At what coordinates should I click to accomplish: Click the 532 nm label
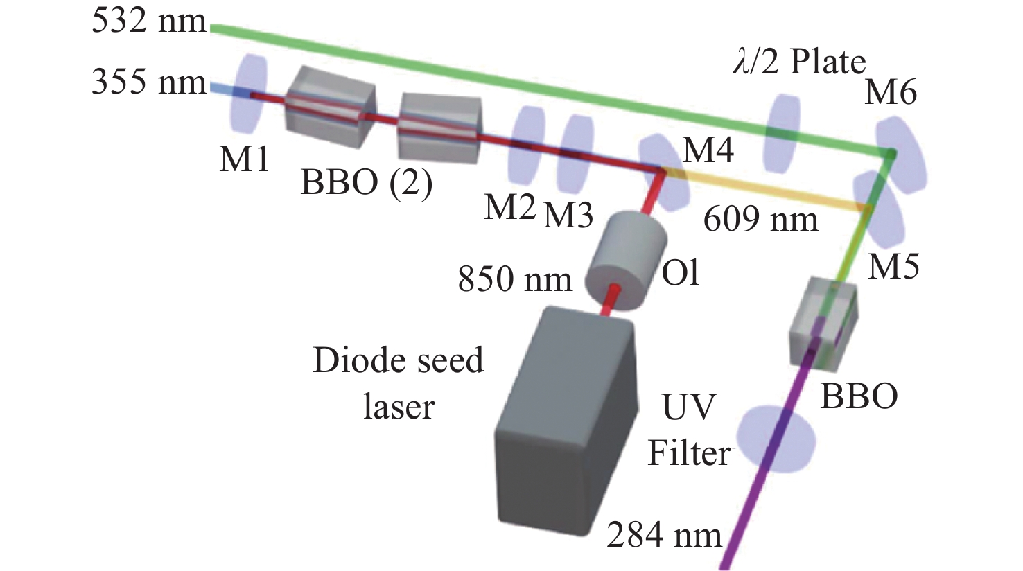[149, 21]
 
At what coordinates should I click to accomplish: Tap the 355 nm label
[149, 82]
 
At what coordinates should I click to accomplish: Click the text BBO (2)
[367, 183]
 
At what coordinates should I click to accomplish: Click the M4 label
[708, 149]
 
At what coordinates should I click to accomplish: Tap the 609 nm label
[761, 220]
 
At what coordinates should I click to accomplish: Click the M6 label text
[891, 91]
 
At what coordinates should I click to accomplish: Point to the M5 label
[894, 265]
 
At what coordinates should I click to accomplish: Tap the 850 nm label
[515, 279]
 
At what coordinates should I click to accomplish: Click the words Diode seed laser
[398, 383]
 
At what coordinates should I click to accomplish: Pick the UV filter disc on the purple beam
[776, 437]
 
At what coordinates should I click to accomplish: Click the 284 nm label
[664, 535]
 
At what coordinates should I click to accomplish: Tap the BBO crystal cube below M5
[823, 322]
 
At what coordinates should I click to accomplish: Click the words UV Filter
[689, 430]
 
